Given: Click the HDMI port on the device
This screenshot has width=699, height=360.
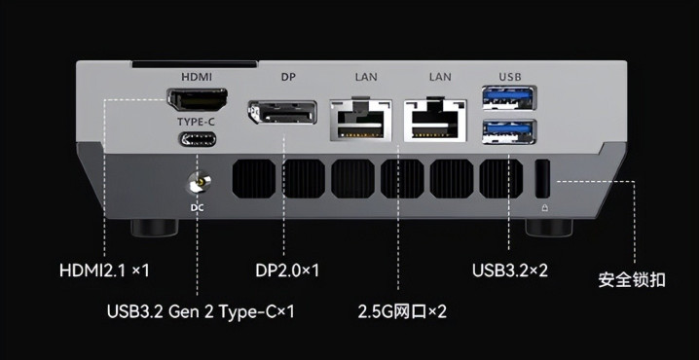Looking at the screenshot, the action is (x=197, y=99).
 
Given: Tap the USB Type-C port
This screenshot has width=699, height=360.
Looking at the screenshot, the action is (x=198, y=139).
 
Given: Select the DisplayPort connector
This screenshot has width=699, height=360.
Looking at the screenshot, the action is (x=282, y=113).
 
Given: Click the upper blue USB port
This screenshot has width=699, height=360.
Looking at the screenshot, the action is (x=508, y=97).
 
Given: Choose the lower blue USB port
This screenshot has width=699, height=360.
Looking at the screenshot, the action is (x=508, y=132).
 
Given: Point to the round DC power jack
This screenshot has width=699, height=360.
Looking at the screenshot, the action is (x=199, y=183).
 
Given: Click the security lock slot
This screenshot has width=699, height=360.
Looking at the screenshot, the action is (x=542, y=179).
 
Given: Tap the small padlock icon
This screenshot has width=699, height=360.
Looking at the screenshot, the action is (x=544, y=208).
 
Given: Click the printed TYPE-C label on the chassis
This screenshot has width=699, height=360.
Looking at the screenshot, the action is (x=197, y=122).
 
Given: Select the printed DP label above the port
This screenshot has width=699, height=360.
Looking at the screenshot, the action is (x=288, y=77).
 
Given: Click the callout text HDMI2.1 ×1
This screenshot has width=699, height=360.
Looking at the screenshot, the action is (x=104, y=270).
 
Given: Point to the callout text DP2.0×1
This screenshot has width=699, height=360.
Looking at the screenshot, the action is (x=287, y=270).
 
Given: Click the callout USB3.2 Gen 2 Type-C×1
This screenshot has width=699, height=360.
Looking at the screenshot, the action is (x=201, y=311).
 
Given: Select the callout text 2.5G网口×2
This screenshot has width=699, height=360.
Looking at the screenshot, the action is (x=402, y=311).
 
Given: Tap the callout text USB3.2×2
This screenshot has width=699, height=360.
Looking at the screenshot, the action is (x=510, y=270).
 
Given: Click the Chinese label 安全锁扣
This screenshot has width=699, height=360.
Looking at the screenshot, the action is (x=632, y=280).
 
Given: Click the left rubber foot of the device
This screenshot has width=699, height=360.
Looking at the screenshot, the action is (x=154, y=228).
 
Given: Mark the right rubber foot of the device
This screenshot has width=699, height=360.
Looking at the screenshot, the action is (x=549, y=228).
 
